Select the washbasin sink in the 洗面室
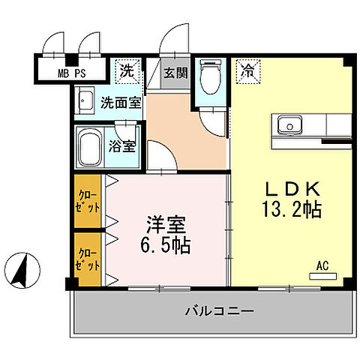pyautogui.click(x=85, y=101)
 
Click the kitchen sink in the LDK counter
pyautogui.click(x=288, y=124)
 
